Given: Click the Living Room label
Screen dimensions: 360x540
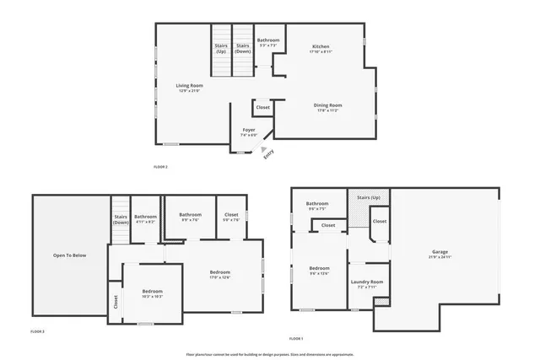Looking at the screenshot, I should click(190, 88).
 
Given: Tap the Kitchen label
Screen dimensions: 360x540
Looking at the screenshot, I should click(321, 48).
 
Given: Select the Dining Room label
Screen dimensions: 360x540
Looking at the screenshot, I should click(329, 107).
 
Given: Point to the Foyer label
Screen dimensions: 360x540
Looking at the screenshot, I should click(248, 132).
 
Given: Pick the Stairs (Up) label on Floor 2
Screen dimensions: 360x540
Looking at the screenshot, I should click(221, 48).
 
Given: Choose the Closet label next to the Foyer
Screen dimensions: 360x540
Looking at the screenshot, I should click(263, 108).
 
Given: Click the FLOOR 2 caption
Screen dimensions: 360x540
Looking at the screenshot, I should click(160, 167).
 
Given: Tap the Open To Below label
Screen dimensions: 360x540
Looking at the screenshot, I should click(69, 255).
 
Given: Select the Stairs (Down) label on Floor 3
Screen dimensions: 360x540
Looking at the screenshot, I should click(121, 219).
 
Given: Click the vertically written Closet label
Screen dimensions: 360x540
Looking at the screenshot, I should click(116, 302).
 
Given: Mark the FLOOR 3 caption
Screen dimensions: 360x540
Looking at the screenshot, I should click(37, 331).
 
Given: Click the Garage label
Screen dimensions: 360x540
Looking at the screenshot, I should click(440, 254).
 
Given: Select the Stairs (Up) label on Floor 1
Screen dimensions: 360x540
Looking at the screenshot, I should click(370, 197).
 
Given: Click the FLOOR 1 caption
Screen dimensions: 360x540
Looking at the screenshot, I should click(296, 338).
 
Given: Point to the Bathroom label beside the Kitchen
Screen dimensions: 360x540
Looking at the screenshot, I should click(268, 42).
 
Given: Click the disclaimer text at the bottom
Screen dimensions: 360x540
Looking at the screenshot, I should click(270, 354).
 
